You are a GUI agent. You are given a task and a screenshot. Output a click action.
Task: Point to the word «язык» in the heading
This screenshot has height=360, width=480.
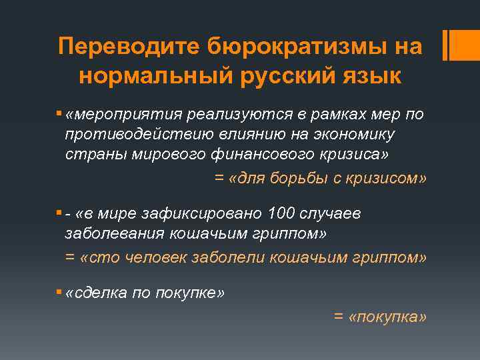[367, 75]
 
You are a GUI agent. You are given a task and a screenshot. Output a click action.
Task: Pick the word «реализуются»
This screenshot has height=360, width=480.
[220, 115]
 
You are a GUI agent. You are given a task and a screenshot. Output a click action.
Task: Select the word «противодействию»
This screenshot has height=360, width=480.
[137, 135]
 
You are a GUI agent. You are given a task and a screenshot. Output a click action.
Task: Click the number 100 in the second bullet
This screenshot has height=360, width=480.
[279, 214]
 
